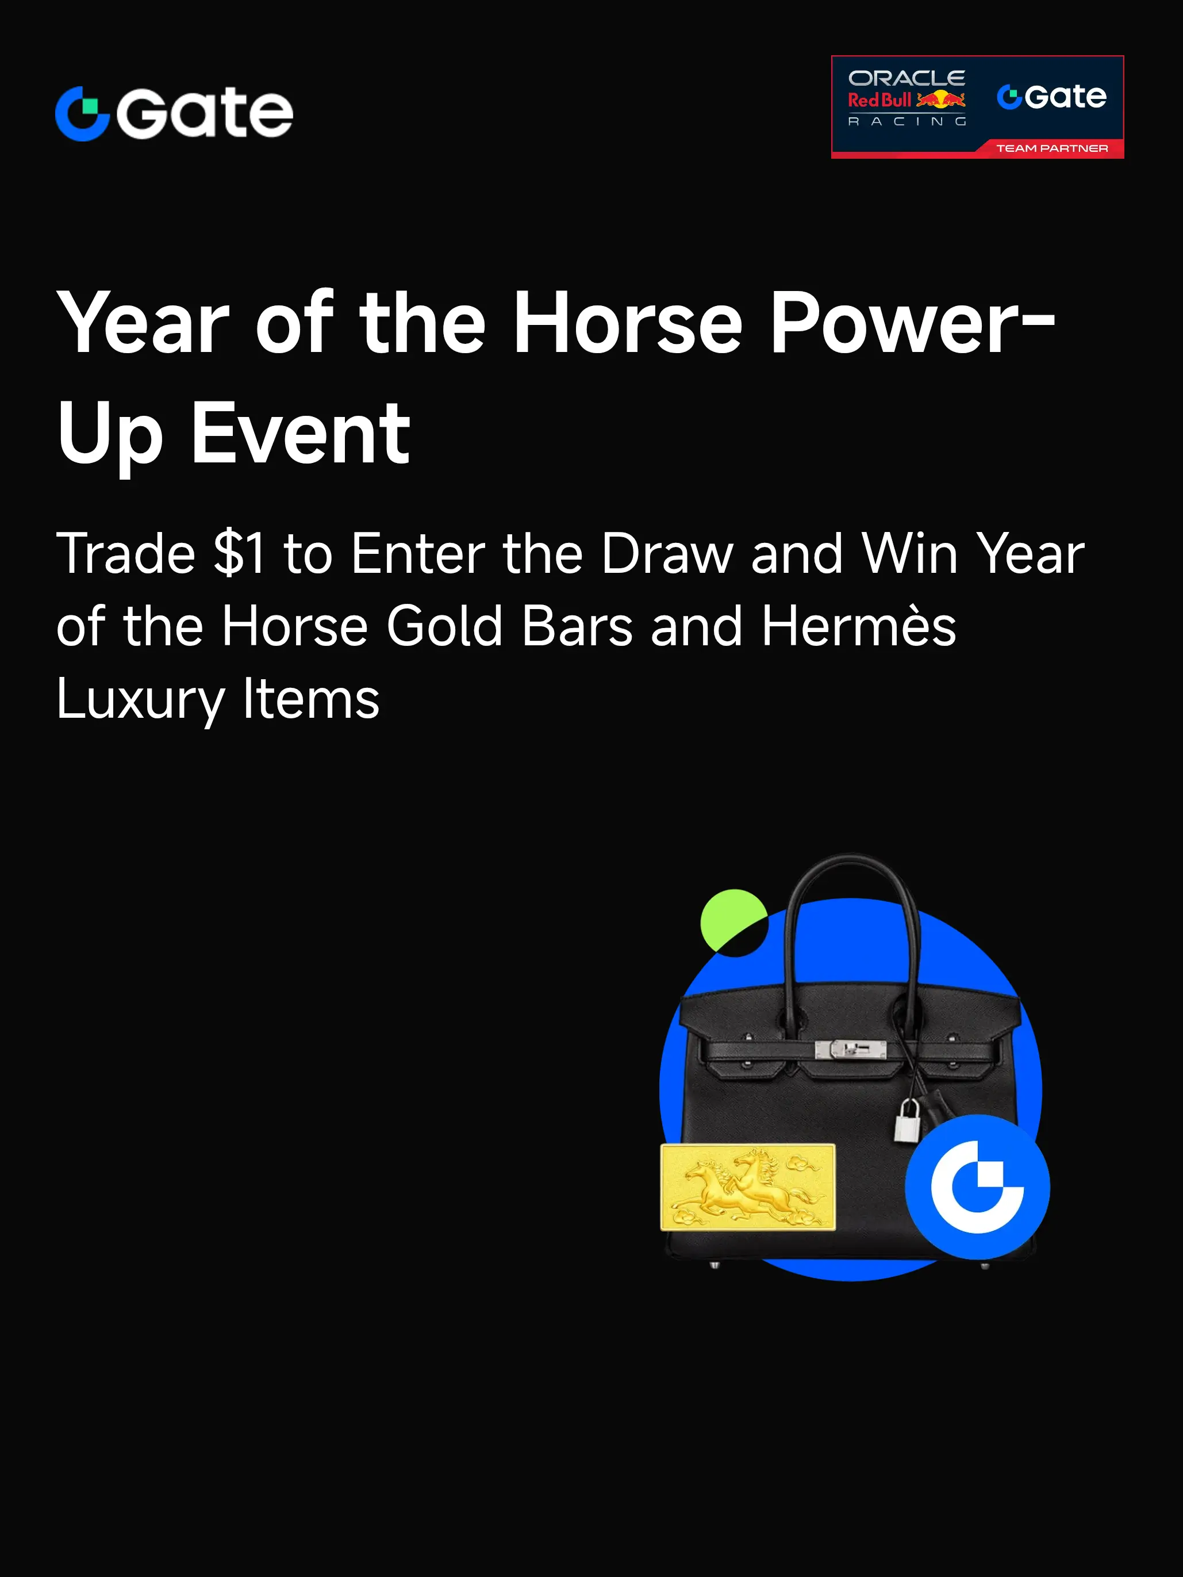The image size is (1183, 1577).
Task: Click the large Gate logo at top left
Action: tap(174, 113)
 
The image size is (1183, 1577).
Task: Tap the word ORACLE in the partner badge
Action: tap(907, 78)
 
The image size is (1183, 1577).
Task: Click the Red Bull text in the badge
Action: tap(879, 100)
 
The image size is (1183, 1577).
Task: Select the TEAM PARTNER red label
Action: tap(1052, 148)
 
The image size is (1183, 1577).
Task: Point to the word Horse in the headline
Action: tap(627, 323)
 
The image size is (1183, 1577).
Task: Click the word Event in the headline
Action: tap(300, 434)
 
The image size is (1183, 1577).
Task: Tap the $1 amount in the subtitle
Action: tap(240, 553)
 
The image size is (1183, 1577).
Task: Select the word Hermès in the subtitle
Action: tap(859, 626)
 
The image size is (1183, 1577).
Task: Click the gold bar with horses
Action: tap(748, 1187)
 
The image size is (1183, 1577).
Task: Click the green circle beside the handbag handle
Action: tap(732, 920)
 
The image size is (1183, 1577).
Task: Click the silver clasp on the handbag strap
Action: tap(850, 1048)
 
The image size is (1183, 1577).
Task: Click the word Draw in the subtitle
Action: tap(667, 553)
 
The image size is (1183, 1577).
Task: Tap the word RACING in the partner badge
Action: tap(907, 122)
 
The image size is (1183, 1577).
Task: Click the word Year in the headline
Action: tap(143, 323)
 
